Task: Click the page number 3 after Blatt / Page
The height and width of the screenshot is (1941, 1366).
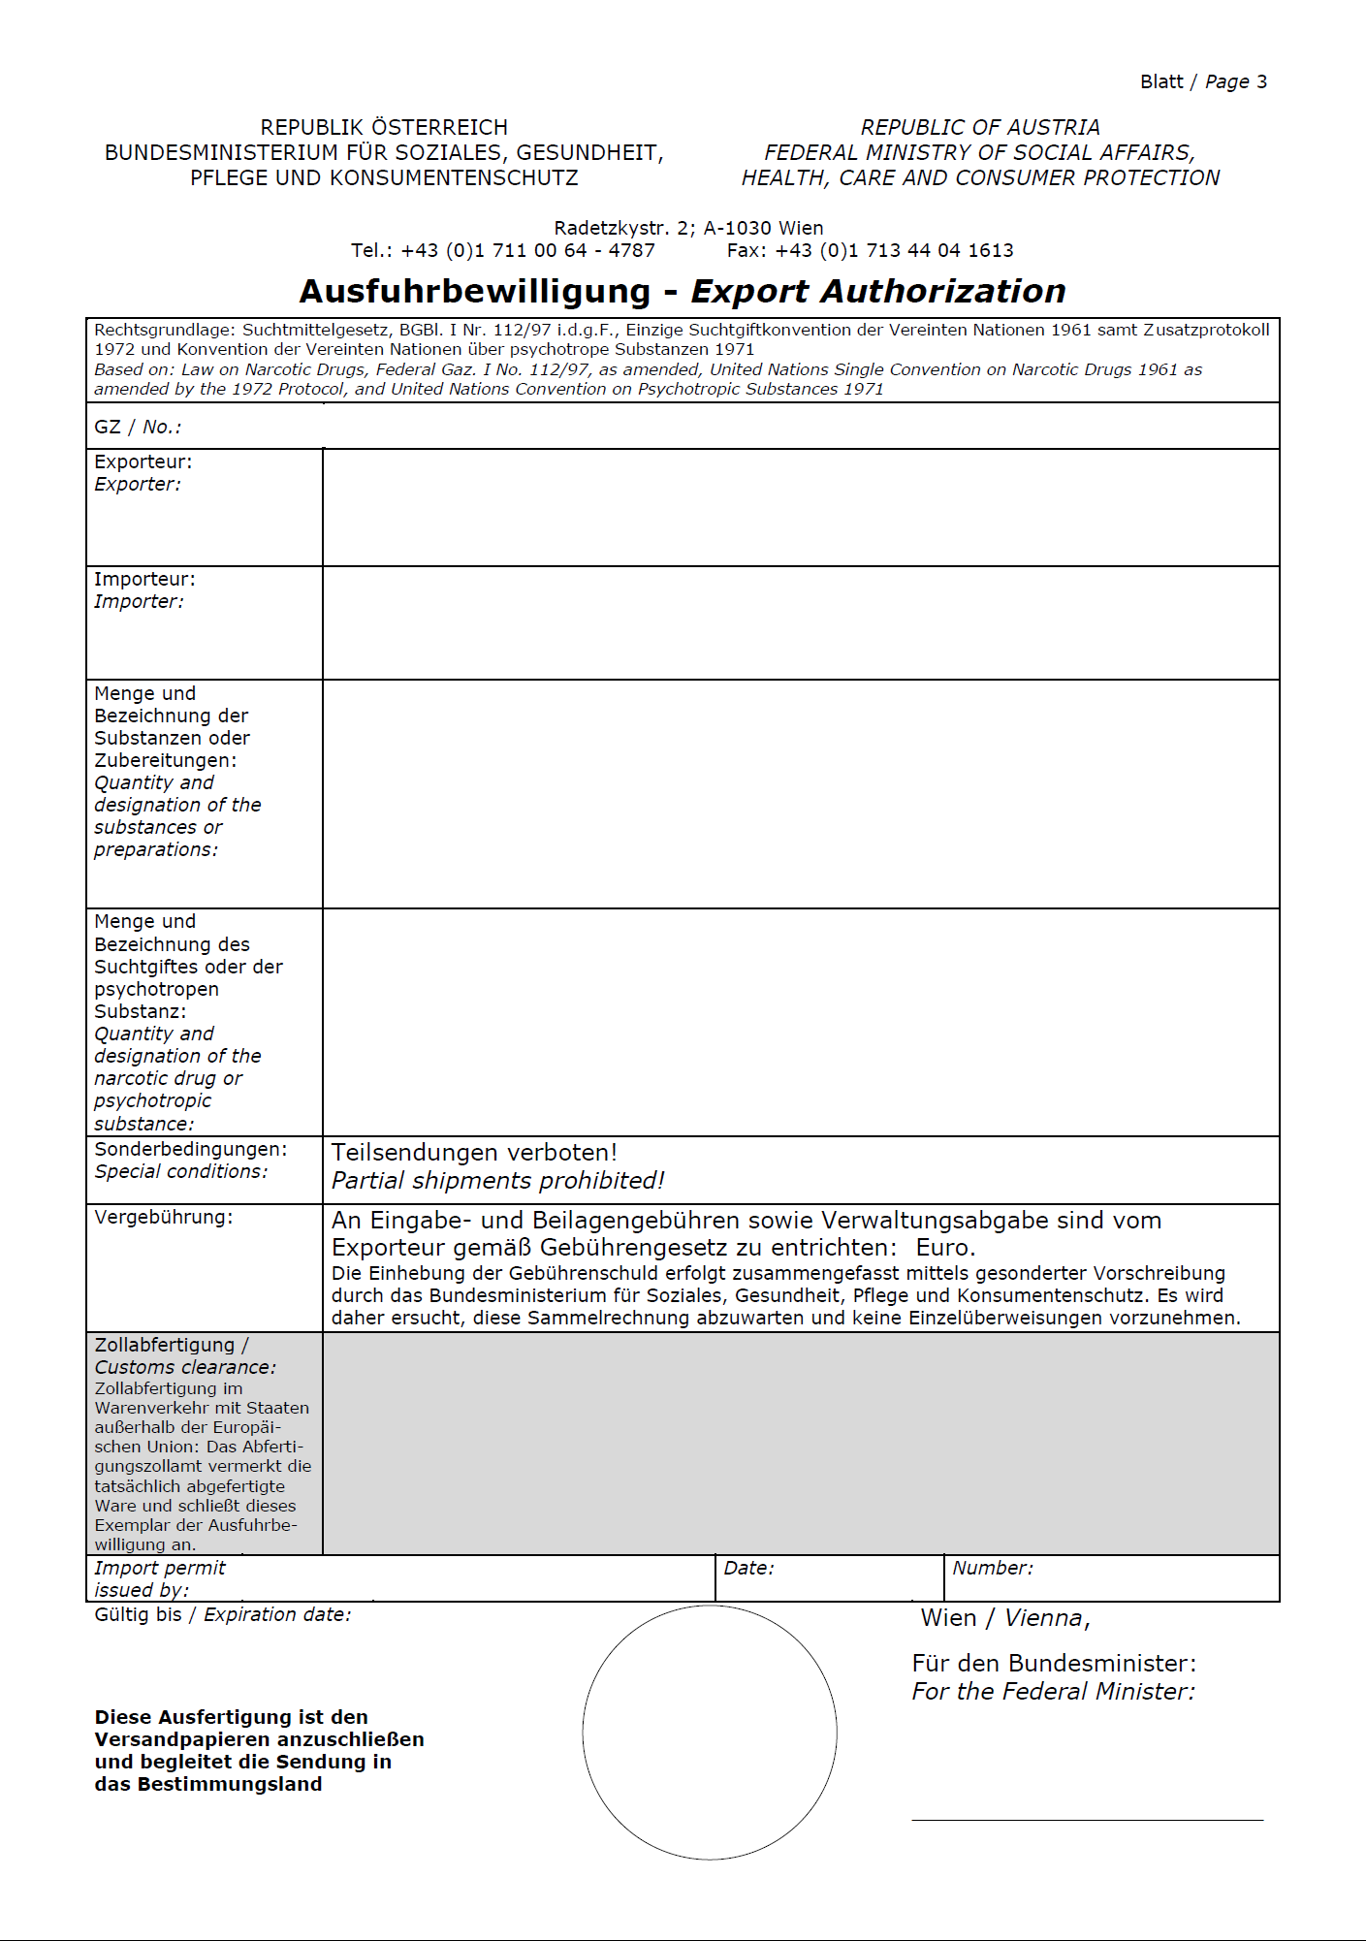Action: [1261, 82]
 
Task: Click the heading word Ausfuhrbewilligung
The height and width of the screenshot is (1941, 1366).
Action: [475, 291]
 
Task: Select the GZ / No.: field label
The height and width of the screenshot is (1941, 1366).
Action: [138, 427]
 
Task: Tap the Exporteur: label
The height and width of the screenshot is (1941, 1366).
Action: [143, 461]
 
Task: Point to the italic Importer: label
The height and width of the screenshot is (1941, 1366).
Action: [139, 602]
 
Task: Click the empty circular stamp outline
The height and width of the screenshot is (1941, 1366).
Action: [710, 1732]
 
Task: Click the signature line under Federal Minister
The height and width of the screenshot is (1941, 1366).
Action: [1087, 1820]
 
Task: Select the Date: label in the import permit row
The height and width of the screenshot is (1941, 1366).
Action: [748, 1569]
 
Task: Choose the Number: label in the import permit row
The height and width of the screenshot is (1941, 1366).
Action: [993, 1569]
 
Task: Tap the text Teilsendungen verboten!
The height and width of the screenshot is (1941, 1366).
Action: [474, 1153]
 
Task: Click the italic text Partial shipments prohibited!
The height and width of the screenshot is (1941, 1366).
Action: [498, 1181]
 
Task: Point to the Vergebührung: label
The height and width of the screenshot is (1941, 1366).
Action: [164, 1218]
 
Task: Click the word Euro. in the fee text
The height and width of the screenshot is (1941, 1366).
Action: [945, 1248]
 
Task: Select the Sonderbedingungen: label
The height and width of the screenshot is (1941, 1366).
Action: [191, 1150]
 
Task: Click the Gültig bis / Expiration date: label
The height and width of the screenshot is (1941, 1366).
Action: [223, 1615]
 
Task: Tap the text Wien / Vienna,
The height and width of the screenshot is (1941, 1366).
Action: [1005, 1618]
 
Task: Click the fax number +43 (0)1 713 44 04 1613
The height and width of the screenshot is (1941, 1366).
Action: [894, 251]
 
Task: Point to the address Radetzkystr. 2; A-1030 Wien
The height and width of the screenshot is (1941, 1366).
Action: [688, 228]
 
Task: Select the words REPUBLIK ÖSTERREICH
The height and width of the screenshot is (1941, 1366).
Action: [384, 128]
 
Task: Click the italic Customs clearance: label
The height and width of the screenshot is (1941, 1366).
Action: [185, 1368]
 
